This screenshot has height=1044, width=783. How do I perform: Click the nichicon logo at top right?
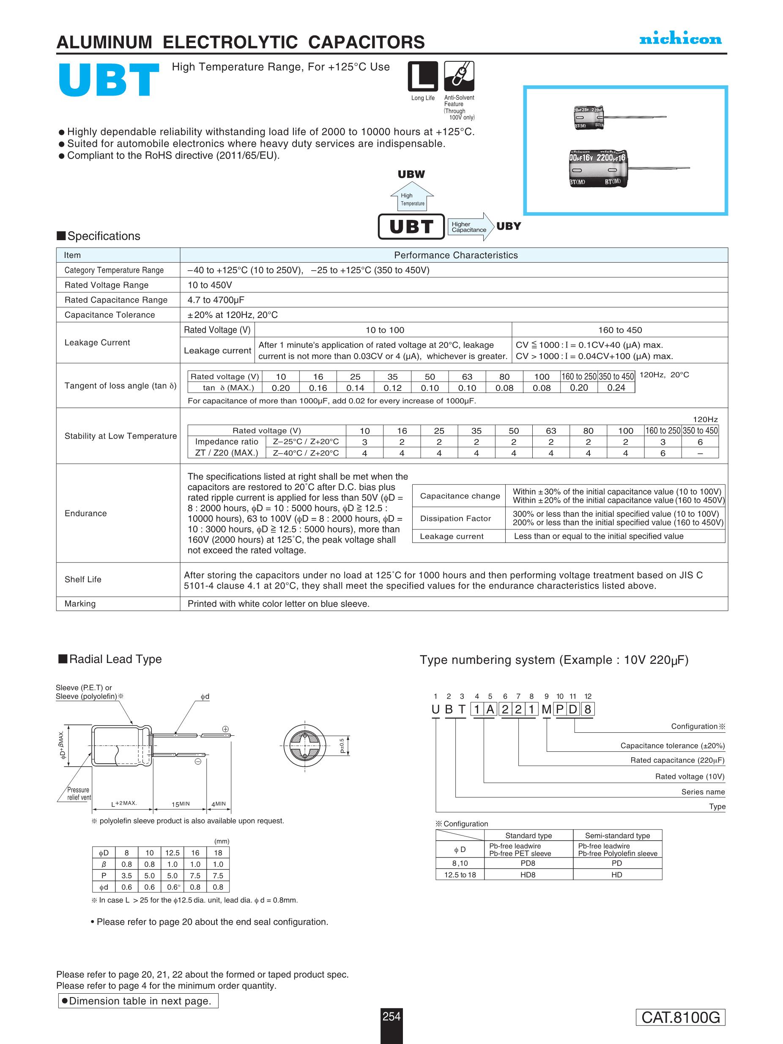(680, 39)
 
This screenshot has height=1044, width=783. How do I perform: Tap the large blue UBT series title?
(108, 81)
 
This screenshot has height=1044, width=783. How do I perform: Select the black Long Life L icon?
(422, 76)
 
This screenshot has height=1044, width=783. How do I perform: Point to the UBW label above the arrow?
(411, 174)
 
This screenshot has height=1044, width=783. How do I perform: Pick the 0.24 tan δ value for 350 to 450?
(616, 387)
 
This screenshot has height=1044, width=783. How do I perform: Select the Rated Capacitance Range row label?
(116, 300)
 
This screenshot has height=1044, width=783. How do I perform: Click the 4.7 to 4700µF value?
(216, 300)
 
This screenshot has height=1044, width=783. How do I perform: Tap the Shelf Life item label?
(83, 579)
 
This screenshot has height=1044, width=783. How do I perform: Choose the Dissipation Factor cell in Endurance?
(455, 518)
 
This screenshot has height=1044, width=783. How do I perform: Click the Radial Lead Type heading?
(115, 659)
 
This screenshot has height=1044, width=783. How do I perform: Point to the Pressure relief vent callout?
(78, 793)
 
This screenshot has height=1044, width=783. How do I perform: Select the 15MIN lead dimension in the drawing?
(180, 804)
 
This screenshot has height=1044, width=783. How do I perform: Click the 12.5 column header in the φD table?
(172, 853)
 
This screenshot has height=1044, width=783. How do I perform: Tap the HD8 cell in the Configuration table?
(528, 874)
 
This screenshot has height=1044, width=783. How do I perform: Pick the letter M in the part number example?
(546, 710)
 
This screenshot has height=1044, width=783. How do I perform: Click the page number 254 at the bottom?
(391, 1016)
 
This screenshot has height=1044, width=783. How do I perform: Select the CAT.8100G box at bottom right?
(680, 1017)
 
